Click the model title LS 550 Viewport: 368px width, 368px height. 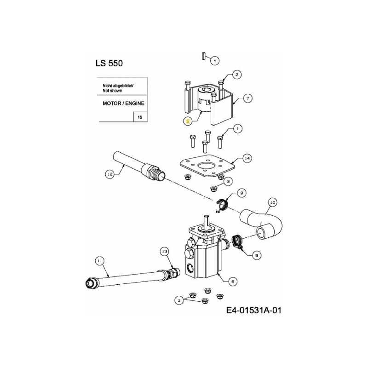[x=109, y=63]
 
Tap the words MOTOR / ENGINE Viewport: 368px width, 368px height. [x=123, y=103]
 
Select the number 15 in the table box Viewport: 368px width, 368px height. [x=140, y=118]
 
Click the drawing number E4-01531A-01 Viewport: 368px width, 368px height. [x=253, y=310]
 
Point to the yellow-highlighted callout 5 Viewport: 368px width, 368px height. [x=187, y=121]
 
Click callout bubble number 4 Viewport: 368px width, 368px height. [x=215, y=60]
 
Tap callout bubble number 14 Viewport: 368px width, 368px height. [x=247, y=159]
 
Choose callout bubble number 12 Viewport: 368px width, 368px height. [x=109, y=174]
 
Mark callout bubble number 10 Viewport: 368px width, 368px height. [x=272, y=202]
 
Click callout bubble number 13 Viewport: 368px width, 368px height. [x=165, y=251]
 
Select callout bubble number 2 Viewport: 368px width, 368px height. [x=236, y=74]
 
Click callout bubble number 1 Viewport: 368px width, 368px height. [x=237, y=129]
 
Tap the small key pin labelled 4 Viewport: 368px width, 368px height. [x=202, y=56]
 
